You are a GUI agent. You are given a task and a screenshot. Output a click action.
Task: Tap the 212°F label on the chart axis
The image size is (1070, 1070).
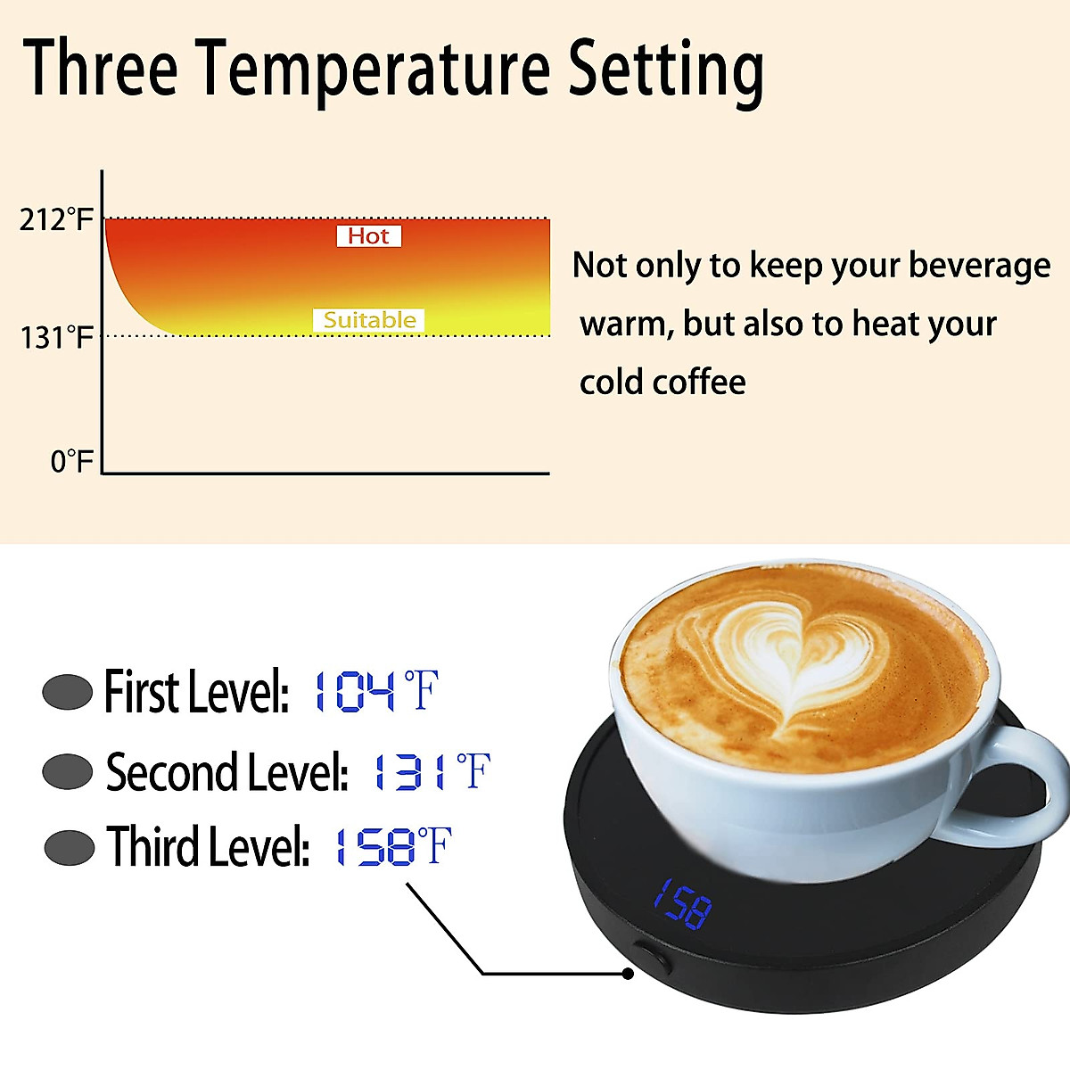tap(56, 219)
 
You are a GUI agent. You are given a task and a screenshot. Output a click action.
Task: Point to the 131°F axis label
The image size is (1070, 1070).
tap(56, 338)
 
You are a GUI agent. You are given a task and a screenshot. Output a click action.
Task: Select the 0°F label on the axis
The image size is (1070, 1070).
tap(71, 461)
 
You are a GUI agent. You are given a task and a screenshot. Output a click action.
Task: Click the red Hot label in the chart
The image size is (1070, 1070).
tap(368, 236)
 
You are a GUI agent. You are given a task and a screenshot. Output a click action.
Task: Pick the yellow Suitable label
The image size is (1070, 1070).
tap(369, 320)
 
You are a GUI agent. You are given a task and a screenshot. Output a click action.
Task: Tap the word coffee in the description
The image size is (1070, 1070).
tap(699, 383)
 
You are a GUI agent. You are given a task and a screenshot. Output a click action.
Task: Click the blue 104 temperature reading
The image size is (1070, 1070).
tap(353, 692)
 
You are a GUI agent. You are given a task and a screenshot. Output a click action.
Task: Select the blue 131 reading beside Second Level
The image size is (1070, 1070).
tap(408, 772)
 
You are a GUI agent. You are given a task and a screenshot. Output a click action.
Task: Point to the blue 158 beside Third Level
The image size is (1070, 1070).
tap(374, 847)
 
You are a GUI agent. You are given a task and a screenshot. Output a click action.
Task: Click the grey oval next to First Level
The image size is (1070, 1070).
tap(68, 692)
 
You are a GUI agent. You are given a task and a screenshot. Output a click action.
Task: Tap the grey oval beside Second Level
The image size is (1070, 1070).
tap(68, 772)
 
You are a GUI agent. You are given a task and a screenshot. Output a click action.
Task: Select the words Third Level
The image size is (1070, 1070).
tap(208, 847)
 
